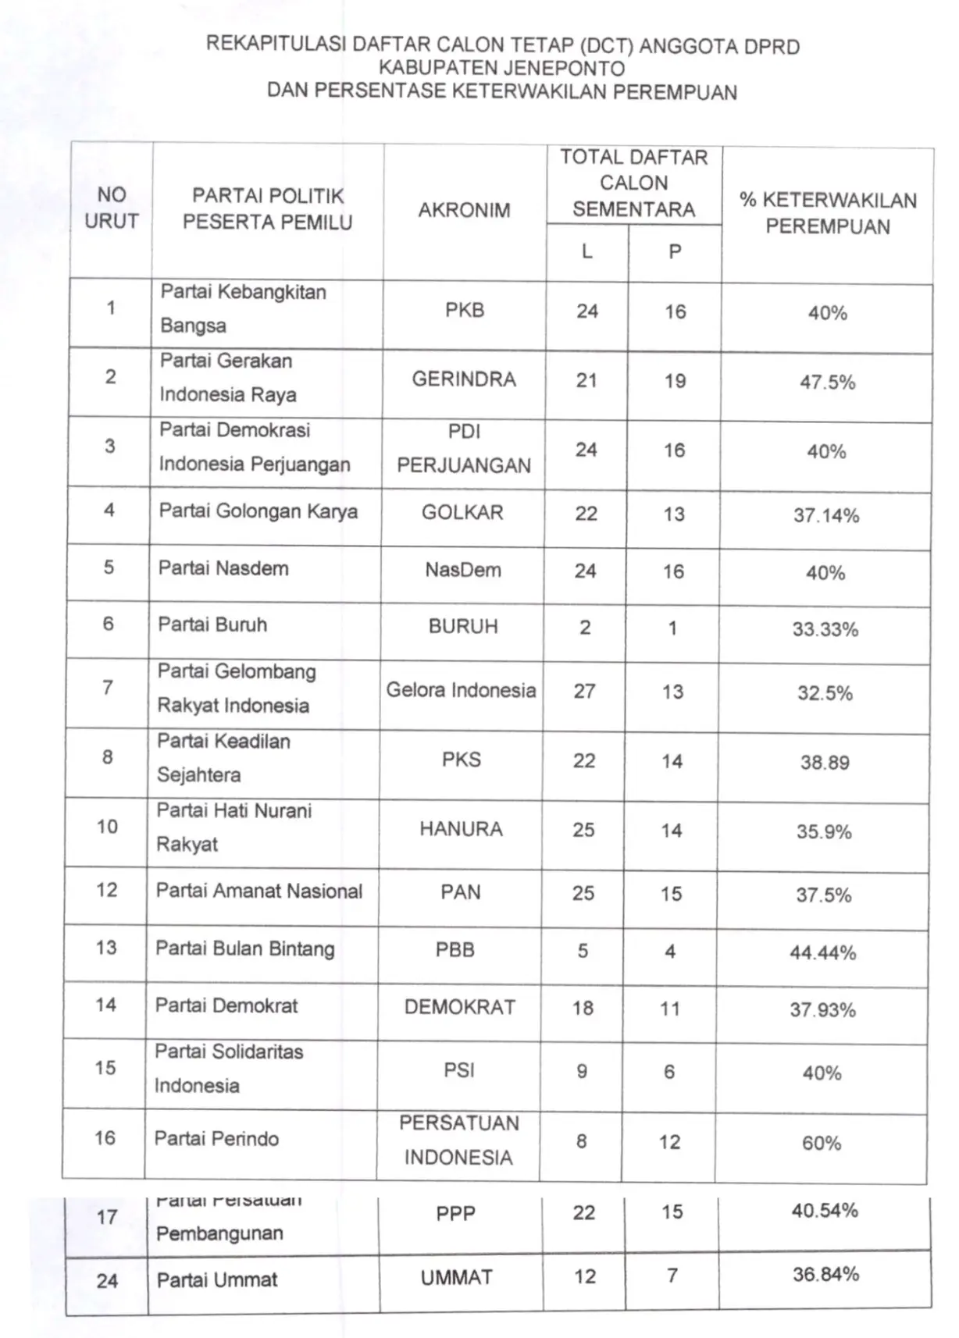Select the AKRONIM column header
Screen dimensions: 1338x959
point(464,210)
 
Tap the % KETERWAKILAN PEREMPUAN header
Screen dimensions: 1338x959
point(828,213)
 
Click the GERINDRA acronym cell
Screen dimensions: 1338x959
point(464,380)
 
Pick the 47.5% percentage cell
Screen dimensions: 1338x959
point(827,383)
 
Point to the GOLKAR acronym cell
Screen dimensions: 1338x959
point(462,513)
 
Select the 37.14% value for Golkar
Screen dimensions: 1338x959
point(826,515)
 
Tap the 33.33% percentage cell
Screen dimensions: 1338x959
point(825,629)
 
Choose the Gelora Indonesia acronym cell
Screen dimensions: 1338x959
point(461,690)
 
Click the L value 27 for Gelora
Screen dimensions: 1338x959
point(584,691)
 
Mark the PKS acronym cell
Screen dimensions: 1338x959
point(462,760)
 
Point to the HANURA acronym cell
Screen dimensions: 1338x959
point(461,829)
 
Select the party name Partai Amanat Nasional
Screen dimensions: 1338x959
point(259,891)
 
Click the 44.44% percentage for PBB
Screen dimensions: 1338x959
point(823,952)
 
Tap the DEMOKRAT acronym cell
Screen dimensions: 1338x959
point(460,1007)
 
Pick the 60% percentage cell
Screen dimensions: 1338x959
point(822,1144)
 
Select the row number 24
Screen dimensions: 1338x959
point(107,1280)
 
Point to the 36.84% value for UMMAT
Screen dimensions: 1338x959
point(825,1274)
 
